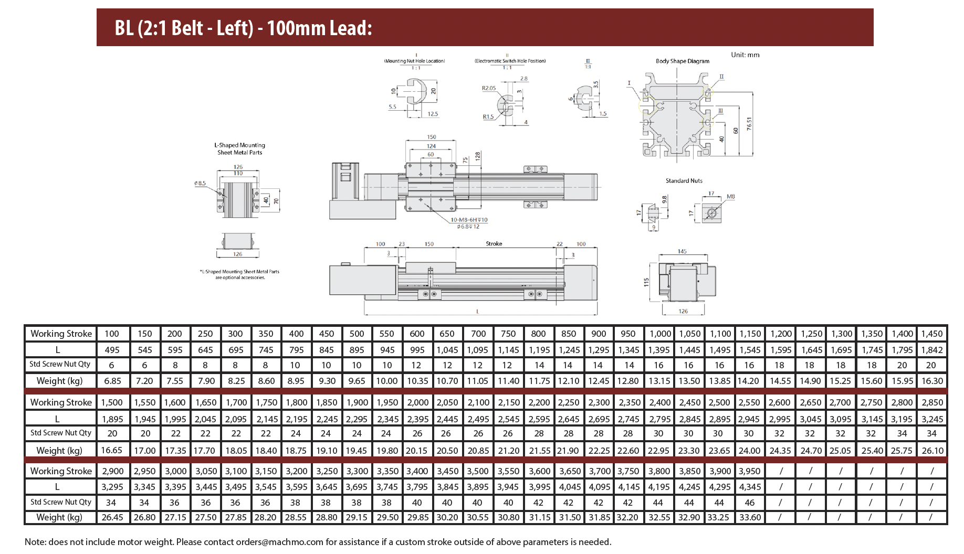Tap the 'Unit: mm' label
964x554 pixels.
tap(745, 55)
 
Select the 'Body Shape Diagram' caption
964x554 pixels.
tap(682, 61)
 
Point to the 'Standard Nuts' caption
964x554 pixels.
tap(684, 180)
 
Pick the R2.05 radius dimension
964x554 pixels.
tap(489, 88)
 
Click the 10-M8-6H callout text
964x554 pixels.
tap(469, 220)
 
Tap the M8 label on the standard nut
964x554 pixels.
tap(731, 197)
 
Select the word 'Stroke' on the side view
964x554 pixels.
tap(494, 243)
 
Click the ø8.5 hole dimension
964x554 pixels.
tap(200, 183)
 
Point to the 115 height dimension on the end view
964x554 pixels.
tap(646, 282)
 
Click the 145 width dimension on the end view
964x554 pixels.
tap(682, 251)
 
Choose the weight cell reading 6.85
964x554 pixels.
tap(113, 381)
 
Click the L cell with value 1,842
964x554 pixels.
tap(932, 350)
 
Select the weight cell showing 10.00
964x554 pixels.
tap(387, 381)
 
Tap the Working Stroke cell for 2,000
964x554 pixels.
tap(417, 402)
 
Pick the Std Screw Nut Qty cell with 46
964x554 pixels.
tap(750, 503)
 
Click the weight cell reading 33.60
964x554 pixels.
tap(750, 517)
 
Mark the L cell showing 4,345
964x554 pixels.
tap(750, 487)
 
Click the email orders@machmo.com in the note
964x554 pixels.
tap(280, 542)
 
